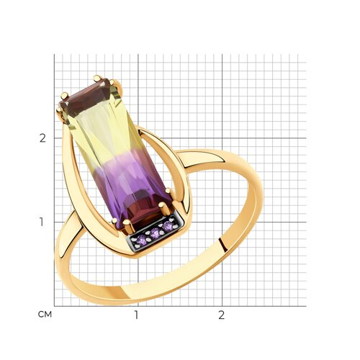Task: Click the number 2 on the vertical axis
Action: (42, 138)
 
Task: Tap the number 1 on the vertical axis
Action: (42, 222)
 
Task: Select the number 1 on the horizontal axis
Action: (137, 315)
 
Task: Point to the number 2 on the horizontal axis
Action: (222, 315)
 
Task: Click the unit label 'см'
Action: (45, 315)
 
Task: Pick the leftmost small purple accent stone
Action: (141, 239)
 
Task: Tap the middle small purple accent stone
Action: (156, 233)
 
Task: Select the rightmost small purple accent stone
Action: (168, 226)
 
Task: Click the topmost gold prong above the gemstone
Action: (98, 78)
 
